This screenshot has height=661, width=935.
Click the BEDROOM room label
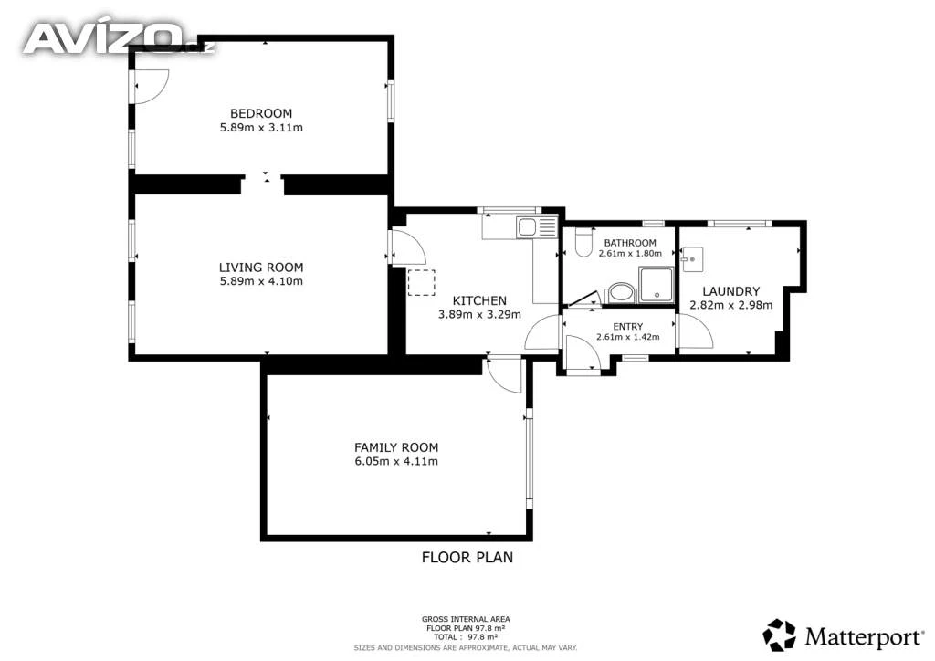[x=261, y=113]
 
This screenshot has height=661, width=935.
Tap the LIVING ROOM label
[x=261, y=268]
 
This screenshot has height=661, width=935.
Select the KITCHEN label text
[x=479, y=301]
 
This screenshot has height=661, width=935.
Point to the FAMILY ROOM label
[x=396, y=447]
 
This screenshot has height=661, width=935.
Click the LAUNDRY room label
[x=731, y=291]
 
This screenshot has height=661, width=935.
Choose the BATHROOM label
[x=630, y=243]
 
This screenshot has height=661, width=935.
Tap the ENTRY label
[x=628, y=327]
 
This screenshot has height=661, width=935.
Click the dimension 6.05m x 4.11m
[x=396, y=461]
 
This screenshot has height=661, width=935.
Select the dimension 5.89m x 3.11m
[x=261, y=128]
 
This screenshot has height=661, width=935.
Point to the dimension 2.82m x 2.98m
[x=731, y=305]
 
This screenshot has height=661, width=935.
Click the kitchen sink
[x=528, y=227]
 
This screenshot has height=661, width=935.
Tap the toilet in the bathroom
[x=583, y=244]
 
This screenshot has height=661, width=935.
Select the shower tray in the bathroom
[x=656, y=285]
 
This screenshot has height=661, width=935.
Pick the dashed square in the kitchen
[x=422, y=282]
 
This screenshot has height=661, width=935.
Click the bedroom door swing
[x=151, y=87]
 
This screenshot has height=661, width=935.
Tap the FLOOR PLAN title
[x=467, y=557]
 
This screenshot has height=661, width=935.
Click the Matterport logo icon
[x=780, y=635]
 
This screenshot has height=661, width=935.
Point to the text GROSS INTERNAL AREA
[x=466, y=619]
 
